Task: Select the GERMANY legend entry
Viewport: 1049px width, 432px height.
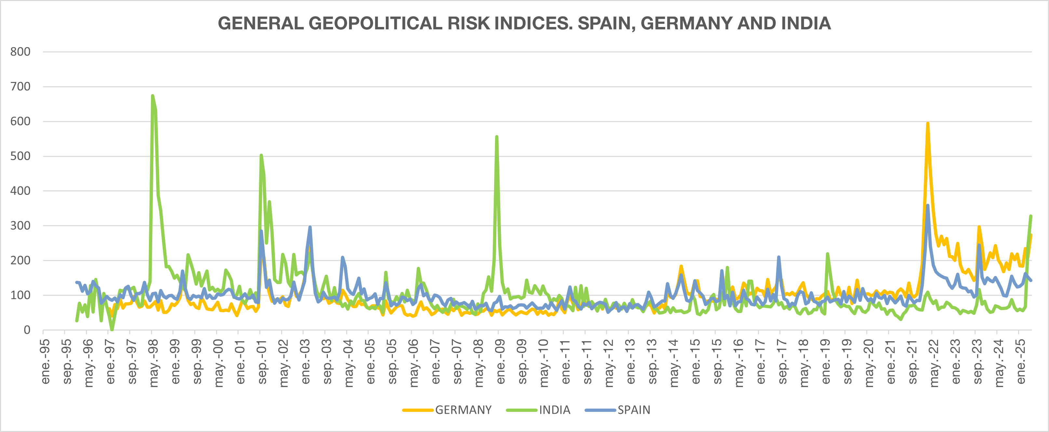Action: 463,410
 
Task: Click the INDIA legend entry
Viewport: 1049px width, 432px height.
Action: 554,410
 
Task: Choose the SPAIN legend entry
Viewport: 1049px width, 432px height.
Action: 634,410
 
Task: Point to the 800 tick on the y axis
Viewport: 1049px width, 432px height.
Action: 20,52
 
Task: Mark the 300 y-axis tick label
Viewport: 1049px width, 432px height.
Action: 20,225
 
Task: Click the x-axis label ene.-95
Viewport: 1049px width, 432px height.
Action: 45,361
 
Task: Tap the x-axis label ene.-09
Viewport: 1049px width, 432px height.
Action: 501,361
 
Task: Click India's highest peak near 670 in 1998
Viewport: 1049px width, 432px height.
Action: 152,96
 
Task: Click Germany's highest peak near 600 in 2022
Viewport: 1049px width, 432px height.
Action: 928,123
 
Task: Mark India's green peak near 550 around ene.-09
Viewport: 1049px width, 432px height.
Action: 497,137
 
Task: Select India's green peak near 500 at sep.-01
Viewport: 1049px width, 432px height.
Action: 261,155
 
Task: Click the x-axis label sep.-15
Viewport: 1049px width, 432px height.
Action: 717,361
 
